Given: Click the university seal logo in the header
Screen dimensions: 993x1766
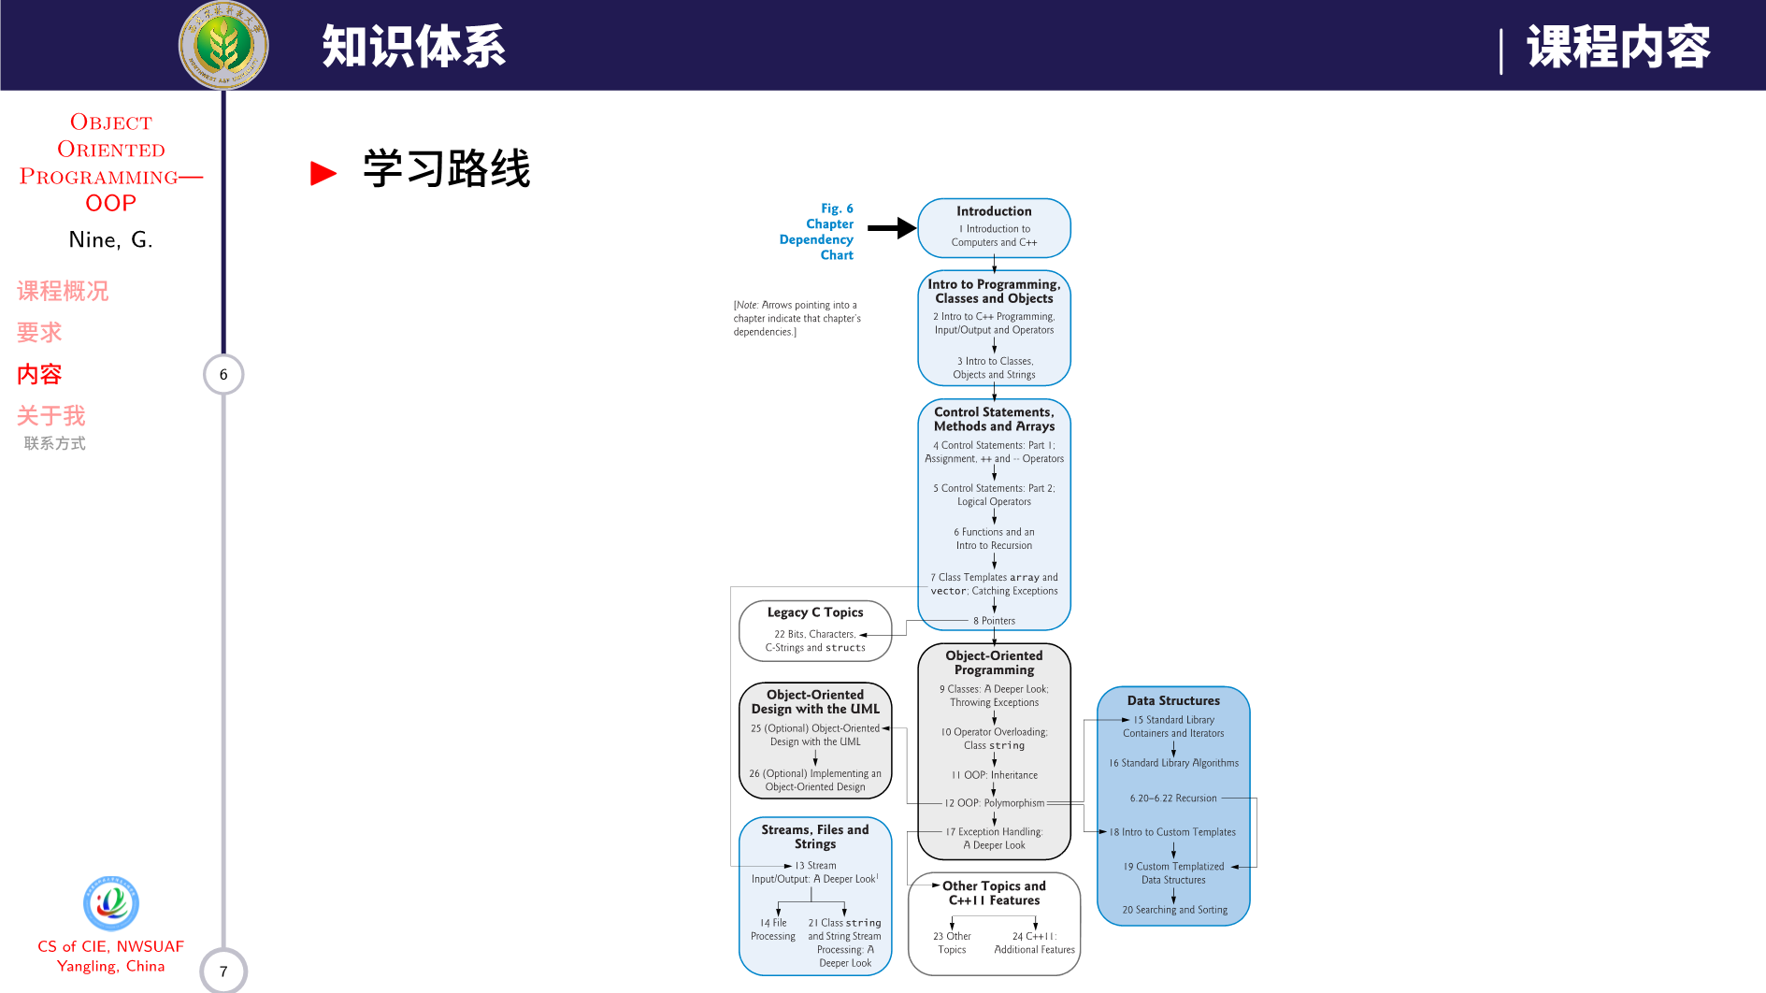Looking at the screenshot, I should pos(223,45).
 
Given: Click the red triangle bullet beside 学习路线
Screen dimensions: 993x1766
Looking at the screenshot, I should pos(323,173).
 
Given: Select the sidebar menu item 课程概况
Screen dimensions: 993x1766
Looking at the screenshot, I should pos(63,292).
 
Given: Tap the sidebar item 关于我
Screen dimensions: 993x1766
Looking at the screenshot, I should pos(51,416).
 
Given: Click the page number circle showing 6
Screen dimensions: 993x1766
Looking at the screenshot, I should pos(223,375).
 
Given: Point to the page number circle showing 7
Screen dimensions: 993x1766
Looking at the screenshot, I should pos(223,971).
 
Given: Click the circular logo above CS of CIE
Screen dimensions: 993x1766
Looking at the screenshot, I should pos(111,903).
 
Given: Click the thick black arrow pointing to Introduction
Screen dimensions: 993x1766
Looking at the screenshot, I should pos(891,227).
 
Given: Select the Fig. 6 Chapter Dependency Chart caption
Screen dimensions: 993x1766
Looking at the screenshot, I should pos(817,232).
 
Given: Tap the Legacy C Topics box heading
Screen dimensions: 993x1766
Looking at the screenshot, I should pos(815,612).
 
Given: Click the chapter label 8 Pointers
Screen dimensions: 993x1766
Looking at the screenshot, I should pos(994,621).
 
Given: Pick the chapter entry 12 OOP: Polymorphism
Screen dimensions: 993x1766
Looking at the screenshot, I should pos(994,803).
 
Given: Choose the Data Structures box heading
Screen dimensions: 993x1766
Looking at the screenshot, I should pos(1173,700).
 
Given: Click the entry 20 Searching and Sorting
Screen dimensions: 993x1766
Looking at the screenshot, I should pos(1174,910).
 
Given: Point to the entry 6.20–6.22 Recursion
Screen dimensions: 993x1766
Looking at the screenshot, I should pos(1173,799).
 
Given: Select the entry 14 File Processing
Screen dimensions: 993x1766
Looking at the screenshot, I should pos(773,929).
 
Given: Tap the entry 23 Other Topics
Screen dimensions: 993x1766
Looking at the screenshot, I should pos(952,943).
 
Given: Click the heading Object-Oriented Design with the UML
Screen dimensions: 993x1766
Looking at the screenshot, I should pos(815,701).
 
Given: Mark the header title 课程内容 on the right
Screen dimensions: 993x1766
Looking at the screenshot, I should pos(1618,47).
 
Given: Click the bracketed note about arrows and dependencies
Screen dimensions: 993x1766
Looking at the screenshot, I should pos(797,318).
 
